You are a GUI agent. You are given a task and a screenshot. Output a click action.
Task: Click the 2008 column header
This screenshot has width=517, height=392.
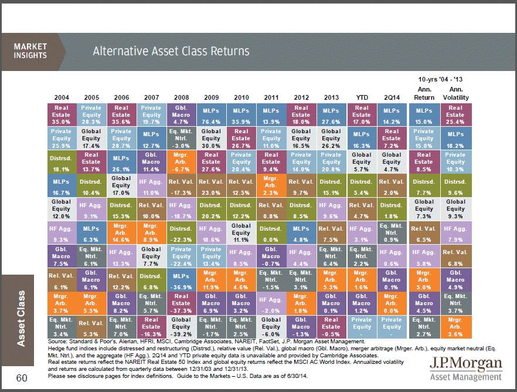coord(181,96)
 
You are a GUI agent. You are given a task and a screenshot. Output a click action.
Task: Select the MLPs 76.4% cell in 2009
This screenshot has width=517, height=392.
coord(211,114)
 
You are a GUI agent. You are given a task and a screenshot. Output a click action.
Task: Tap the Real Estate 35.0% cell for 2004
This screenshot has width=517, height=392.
coord(61,114)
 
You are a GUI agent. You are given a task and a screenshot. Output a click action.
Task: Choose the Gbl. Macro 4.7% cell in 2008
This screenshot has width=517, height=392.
coord(181,114)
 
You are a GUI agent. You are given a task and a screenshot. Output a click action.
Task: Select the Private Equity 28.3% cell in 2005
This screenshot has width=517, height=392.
coord(91,114)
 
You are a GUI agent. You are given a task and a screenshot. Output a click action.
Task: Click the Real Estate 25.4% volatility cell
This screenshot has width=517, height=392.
coord(455,114)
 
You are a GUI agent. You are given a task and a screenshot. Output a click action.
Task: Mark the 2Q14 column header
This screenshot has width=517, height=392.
coord(392,96)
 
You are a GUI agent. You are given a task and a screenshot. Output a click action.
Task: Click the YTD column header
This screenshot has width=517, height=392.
coord(362,96)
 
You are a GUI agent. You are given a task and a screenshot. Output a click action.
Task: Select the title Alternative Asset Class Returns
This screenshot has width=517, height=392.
coord(171,51)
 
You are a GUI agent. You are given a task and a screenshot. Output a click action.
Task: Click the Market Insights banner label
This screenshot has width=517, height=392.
coord(30,51)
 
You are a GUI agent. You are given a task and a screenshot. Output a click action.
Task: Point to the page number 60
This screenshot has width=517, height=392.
coord(22,378)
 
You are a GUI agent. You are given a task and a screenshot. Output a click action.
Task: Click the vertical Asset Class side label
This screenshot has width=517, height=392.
coord(21,317)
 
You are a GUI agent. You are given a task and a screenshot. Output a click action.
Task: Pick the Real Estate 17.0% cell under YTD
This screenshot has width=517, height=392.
coord(362,114)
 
